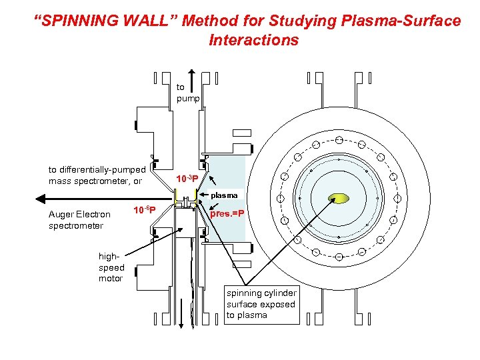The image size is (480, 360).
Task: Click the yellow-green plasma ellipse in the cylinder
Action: (339, 198)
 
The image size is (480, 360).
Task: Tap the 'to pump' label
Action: (184, 93)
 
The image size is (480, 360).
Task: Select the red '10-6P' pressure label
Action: (145, 211)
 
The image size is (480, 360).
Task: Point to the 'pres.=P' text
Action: (227, 214)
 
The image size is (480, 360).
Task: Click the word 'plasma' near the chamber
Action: (225, 195)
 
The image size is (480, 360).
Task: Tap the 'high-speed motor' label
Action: (111, 267)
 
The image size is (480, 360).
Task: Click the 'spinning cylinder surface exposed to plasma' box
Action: (261, 304)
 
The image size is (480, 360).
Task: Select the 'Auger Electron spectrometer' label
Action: (79, 220)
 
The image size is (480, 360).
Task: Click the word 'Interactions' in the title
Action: (253, 40)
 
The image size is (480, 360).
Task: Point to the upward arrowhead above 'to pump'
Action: (192, 73)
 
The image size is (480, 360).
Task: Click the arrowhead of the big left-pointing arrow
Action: (41, 198)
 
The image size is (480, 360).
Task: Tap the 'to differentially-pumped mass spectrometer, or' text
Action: (97, 175)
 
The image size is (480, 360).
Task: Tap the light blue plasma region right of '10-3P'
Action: (227, 167)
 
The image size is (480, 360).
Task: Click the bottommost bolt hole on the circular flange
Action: (339, 257)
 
